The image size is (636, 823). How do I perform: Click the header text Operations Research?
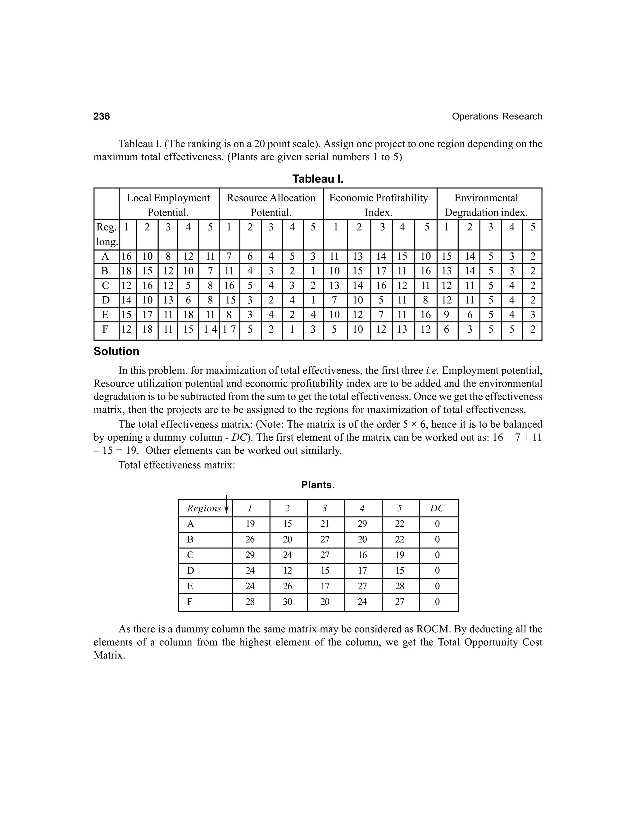(497, 116)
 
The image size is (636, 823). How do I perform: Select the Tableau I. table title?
(318, 179)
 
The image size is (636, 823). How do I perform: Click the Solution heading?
(116, 351)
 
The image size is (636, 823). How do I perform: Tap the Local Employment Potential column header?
(168, 205)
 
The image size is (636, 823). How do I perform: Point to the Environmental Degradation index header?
(486, 205)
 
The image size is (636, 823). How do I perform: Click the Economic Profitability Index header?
(378, 205)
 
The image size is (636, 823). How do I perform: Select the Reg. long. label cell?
(107, 234)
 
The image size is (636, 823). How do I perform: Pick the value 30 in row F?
(288, 602)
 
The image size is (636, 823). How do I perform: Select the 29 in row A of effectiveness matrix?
(362, 524)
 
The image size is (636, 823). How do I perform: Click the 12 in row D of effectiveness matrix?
(288, 571)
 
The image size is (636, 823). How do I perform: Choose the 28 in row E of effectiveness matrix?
(399, 586)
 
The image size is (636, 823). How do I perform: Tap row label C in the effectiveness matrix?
(190, 555)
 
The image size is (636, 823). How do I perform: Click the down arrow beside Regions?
(226, 505)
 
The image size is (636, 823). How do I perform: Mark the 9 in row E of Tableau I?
(447, 315)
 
